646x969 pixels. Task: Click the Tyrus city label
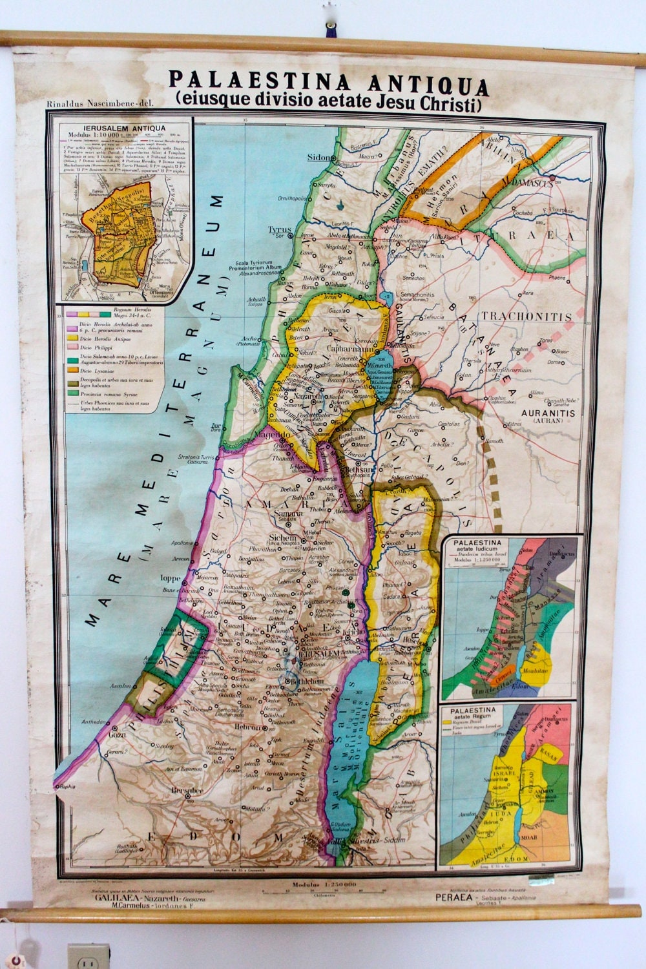point(280,230)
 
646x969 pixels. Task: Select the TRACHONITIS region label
point(535,317)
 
